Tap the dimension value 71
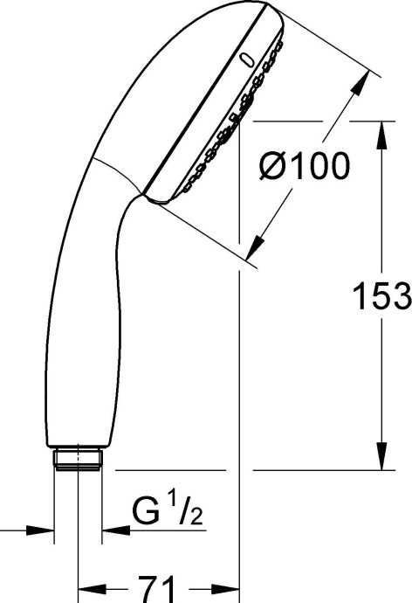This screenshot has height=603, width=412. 158,585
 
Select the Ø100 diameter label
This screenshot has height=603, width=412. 304,165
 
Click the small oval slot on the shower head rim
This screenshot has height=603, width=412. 247,59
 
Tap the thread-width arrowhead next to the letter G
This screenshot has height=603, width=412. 111,530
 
